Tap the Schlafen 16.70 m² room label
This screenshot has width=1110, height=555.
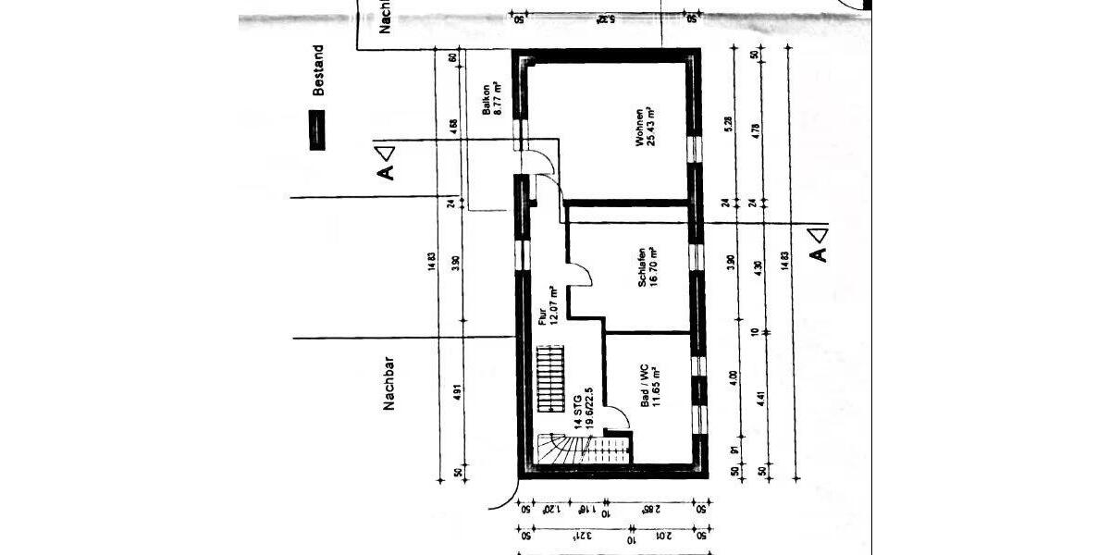[647, 266]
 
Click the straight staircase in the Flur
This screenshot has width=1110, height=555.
[549, 379]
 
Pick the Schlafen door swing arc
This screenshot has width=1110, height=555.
[580, 274]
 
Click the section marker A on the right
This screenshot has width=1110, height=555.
[817, 244]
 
